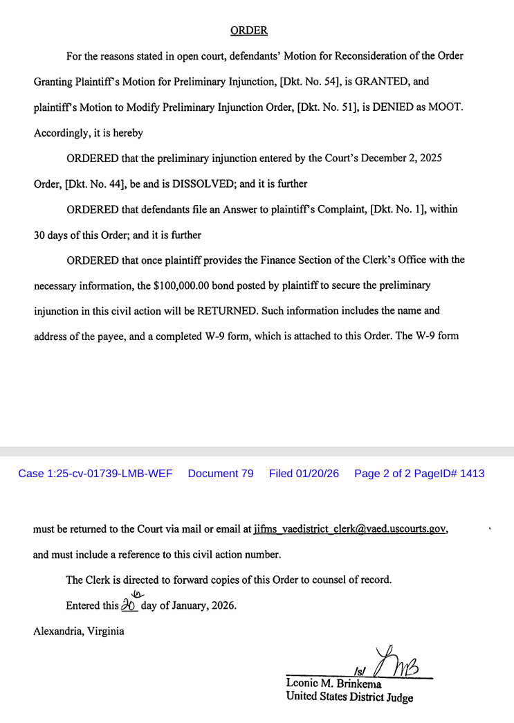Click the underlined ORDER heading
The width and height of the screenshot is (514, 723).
coord(248,30)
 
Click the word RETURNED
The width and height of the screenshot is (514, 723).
coord(228,311)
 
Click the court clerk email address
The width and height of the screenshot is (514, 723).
coord(350,529)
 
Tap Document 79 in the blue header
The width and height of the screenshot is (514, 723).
coord(221,474)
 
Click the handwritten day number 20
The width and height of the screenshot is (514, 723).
coord(129,604)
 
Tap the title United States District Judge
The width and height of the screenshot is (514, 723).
coord(349,697)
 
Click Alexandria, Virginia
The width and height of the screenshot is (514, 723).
coord(79,631)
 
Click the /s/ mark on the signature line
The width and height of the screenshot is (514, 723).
coord(359,671)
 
